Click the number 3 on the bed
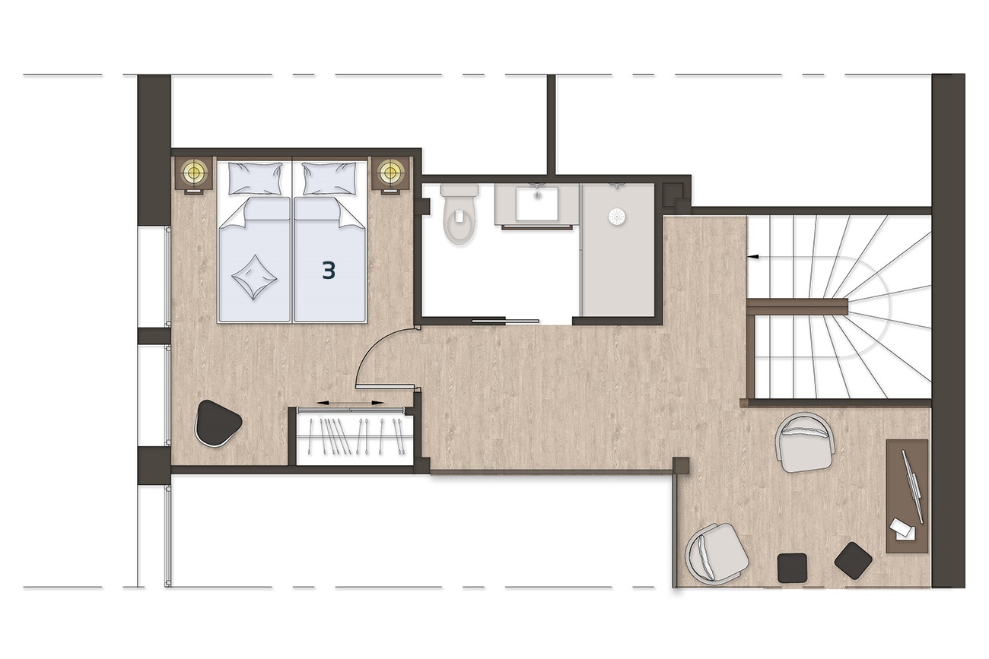point(329,271)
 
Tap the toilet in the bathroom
point(460,214)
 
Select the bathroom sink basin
point(537,204)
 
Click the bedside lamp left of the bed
point(193,171)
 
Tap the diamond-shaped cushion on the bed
point(254,277)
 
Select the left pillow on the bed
point(255,178)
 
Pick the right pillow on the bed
point(329,178)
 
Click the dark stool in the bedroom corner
point(218,423)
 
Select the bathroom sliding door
point(506,321)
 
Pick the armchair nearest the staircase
point(806,442)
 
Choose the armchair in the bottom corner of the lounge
point(716,551)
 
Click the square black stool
point(792,568)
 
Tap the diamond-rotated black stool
point(854,560)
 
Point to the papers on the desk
point(902,528)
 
